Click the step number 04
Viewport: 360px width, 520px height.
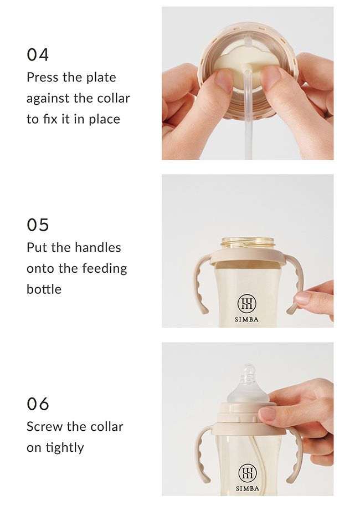pos(38,55)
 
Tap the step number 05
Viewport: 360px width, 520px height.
pos(38,225)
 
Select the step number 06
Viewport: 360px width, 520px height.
pos(38,404)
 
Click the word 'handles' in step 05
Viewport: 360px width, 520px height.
pos(97,247)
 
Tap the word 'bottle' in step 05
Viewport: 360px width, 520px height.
pos(44,289)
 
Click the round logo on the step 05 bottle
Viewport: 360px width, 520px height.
pos(246,303)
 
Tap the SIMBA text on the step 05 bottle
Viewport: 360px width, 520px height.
pos(246,320)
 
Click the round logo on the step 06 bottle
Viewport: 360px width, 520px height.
pos(248,473)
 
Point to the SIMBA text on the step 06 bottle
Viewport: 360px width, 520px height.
pos(248,488)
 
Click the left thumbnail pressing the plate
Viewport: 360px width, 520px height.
pos(224,80)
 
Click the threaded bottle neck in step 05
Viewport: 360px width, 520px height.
pos(248,244)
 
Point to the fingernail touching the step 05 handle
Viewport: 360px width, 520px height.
pos(302,298)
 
